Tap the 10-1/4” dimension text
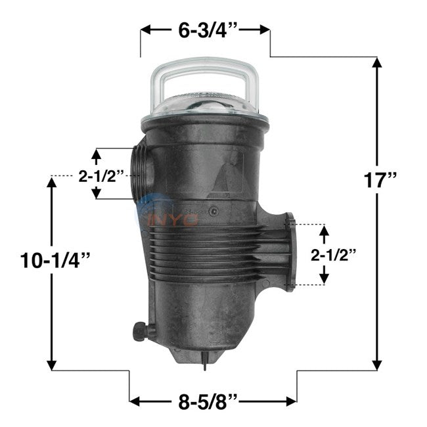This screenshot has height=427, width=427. (55, 260)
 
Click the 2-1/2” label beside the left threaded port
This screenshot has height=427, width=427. (101, 176)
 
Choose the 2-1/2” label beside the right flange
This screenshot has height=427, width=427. (333, 255)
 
